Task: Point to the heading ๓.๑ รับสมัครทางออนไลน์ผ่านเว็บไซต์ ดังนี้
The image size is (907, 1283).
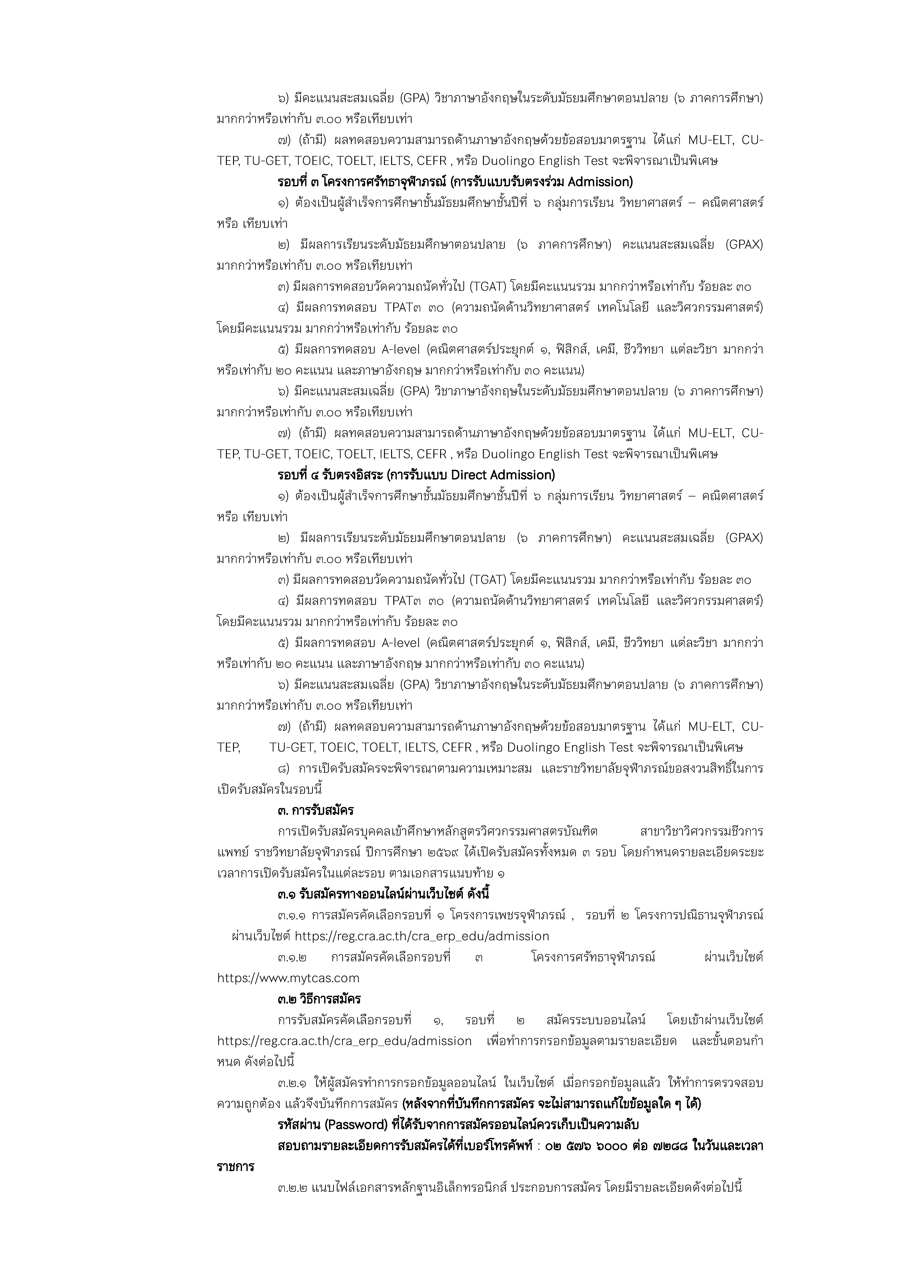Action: point(383,894)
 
